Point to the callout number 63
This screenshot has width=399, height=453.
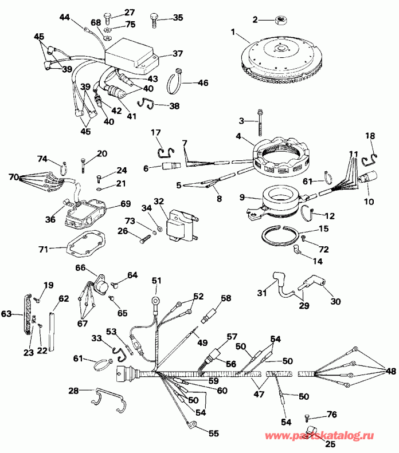(6, 314)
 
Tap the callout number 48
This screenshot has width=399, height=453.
(390, 371)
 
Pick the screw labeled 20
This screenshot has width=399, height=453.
(84, 164)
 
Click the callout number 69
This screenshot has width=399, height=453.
(126, 204)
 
